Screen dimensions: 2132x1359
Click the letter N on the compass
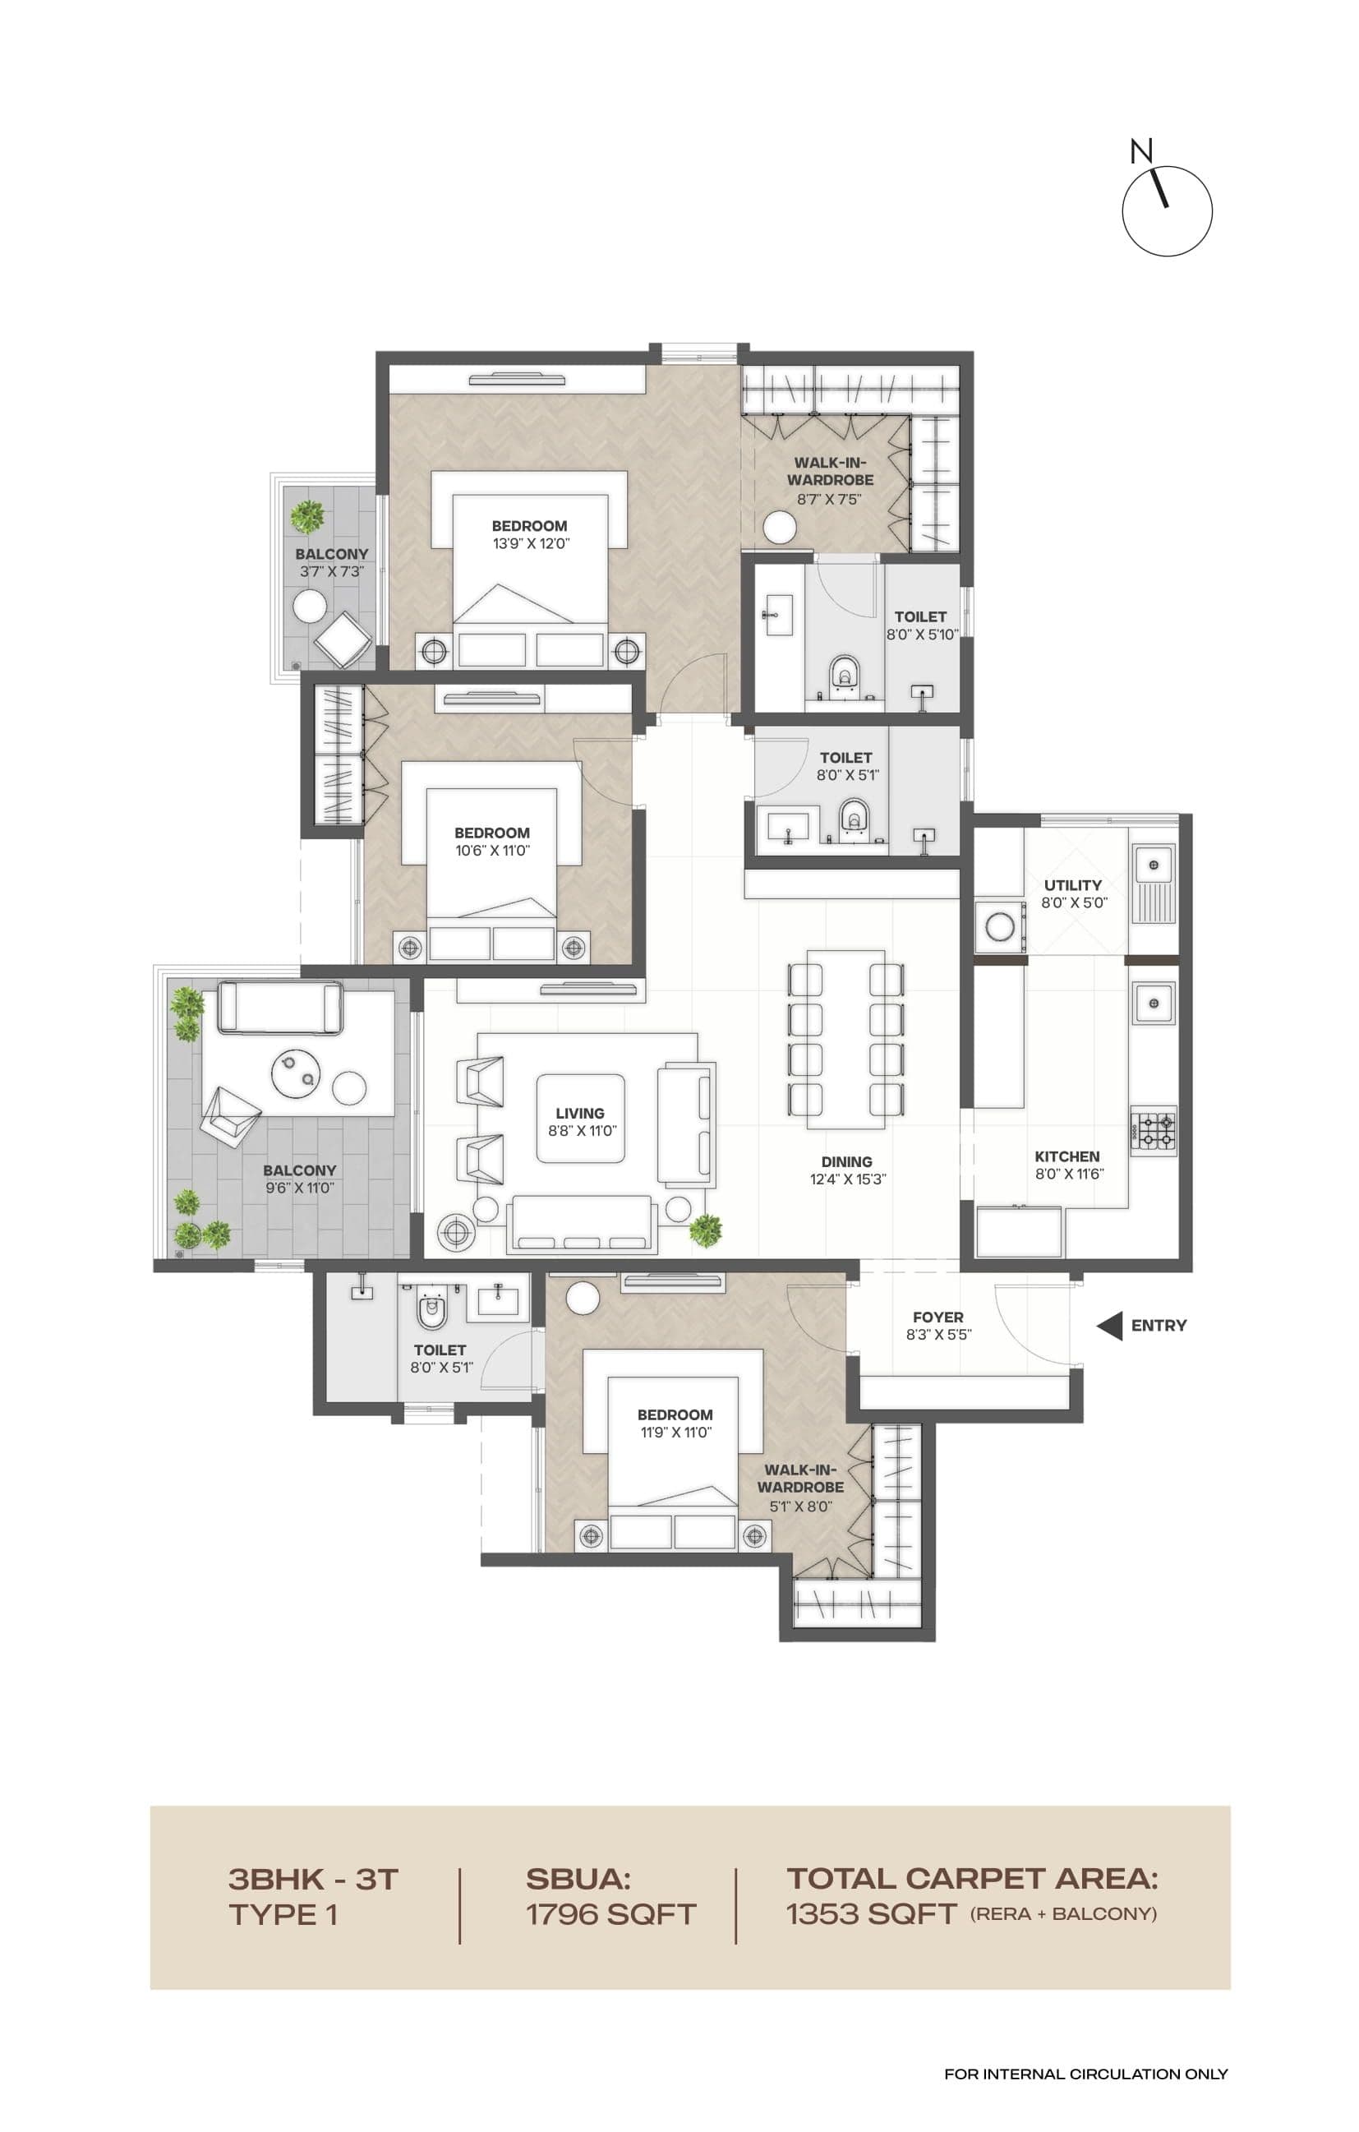click(1140, 151)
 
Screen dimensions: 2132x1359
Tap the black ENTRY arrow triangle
click(1110, 1326)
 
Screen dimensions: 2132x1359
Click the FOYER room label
click(937, 1318)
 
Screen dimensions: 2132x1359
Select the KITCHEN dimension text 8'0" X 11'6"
click(1070, 1174)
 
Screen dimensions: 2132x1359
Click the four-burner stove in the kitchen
click(1153, 1131)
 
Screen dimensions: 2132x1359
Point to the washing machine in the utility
click(1000, 927)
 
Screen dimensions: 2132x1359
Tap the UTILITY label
click(1072, 885)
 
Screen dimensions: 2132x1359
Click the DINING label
click(846, 1161)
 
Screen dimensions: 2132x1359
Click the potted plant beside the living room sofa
click(706, 1230)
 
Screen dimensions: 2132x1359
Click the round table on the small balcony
click(310, 607)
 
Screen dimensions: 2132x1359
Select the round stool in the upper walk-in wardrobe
click(780, 527)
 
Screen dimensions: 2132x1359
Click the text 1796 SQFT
click(610, 1914)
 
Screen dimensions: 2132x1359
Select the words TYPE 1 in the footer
click(283, 1914)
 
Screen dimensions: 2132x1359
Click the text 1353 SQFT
click(871, 1914)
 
